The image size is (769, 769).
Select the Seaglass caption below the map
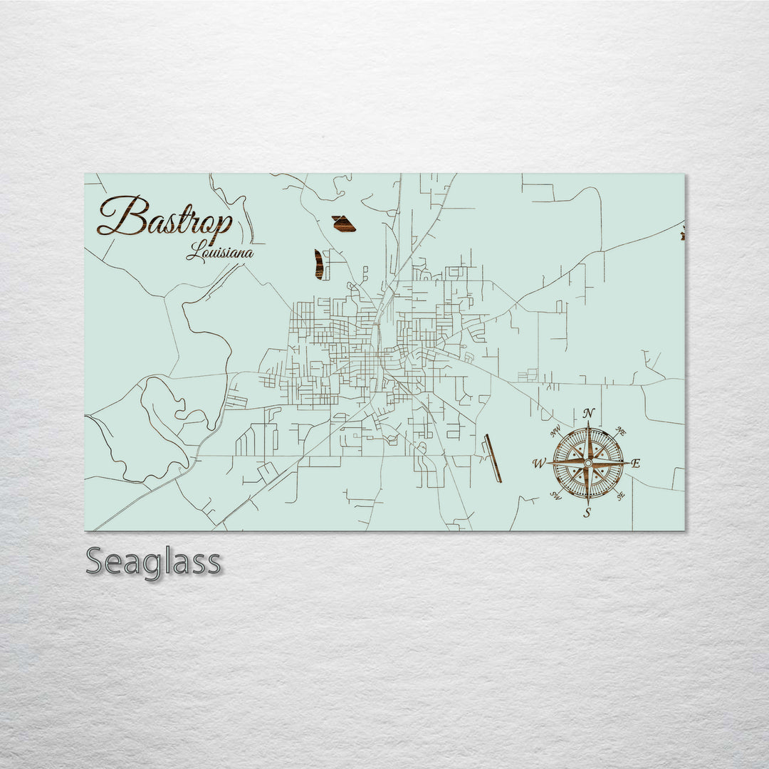click(x=153, y=562)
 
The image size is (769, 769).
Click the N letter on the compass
click(x=588, y=413)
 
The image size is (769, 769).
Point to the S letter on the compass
click(x=587, y=512)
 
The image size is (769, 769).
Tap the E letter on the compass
click(x=636, y=464)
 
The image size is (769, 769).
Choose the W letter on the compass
click(x=538, y=464)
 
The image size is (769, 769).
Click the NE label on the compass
click(x=621, y=431)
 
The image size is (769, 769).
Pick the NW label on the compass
click(x=555, y=430)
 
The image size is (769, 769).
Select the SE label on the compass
click(x=621, y=496)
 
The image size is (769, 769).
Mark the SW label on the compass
click(x=556, y=496)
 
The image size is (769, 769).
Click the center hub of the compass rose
click(x=587, y=463)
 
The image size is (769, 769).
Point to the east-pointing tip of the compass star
click(x=627, y=463)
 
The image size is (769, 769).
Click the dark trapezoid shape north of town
click(x=344, y=224)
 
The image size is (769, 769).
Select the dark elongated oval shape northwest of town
click(x=319, y=264)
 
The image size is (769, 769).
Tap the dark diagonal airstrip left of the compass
click(x=493, y=459)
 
